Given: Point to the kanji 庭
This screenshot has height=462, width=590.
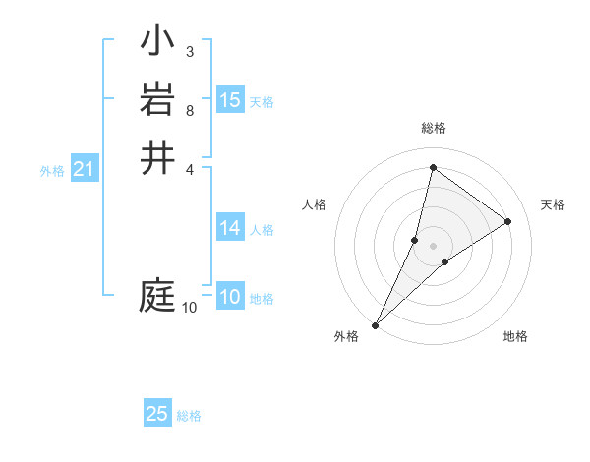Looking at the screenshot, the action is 157,295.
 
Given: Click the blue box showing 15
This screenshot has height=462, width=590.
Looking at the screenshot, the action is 230,99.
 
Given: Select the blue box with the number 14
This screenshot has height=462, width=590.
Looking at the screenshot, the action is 230,228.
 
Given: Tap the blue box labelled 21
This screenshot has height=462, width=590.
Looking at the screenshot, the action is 85,169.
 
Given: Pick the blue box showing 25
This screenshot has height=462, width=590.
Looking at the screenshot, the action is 157,414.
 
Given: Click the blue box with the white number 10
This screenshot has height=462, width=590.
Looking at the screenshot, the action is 230,297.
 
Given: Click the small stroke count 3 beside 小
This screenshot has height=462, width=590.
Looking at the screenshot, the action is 189,51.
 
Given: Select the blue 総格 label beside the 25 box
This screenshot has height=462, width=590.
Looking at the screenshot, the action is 189,416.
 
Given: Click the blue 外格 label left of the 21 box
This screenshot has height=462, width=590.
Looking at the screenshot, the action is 52,171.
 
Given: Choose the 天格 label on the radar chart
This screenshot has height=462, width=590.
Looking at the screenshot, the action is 553,204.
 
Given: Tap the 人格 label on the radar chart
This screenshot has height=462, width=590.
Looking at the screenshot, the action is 314,204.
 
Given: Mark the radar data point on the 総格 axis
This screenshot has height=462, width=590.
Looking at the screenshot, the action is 433,168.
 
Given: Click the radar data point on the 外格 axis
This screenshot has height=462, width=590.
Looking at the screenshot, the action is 376,324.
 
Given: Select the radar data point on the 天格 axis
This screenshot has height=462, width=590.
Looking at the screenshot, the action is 508,221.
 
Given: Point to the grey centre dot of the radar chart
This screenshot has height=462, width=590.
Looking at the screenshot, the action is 433,246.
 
